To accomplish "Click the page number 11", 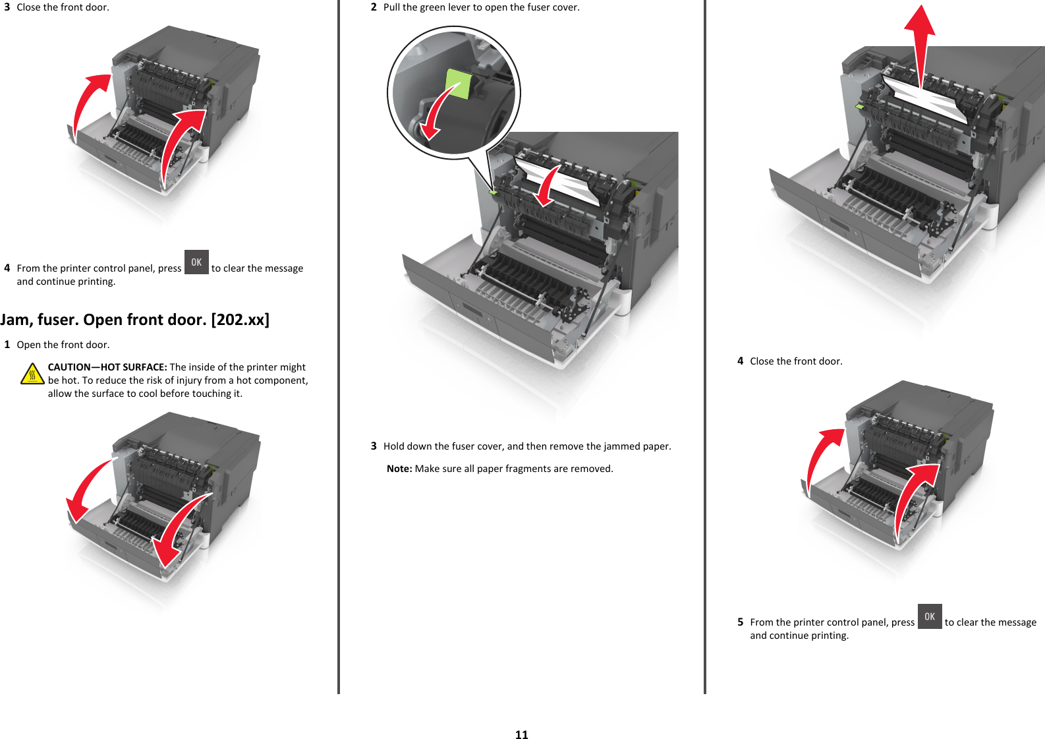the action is [x=521, y=734].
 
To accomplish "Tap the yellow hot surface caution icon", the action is [x=32, y=374].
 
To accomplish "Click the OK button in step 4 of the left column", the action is [x=196, y=262].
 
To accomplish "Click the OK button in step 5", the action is [x=929, y=616].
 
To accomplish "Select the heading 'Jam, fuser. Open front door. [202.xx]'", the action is [x=134, y=320].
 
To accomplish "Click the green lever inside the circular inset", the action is [x=459, y=82].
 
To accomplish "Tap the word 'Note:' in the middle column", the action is [x=399, y=469].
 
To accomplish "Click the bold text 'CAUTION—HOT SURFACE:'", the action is [x=107, y=367].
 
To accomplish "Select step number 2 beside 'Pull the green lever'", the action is [x=374, y=7].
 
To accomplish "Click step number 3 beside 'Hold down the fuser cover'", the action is [x=374, y=446].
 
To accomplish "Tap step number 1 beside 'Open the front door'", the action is [x=7, y=345].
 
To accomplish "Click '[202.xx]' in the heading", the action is [x=240, y=320].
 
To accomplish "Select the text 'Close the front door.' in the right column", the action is [x=796, y=361].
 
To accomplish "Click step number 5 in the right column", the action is [x=740, y=622].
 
